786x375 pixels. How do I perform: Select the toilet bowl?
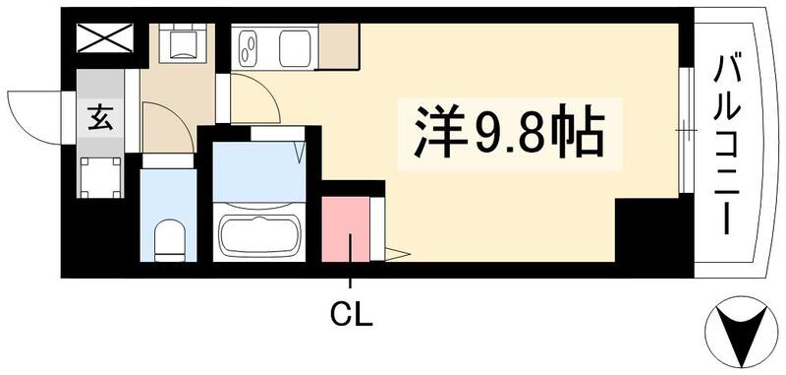(169, 236)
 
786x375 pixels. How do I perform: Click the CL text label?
(346, 316)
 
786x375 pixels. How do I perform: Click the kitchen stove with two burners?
(253, 46)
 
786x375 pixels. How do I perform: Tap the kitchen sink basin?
(296, 46)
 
